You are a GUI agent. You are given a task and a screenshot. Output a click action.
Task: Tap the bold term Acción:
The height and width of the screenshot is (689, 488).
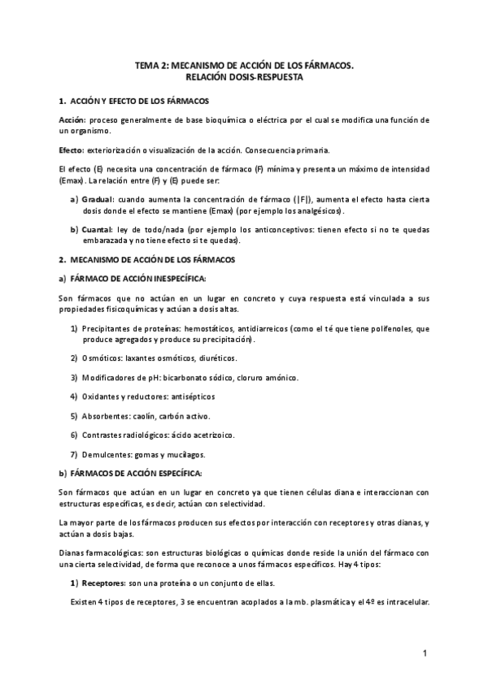pyautogui.click(x=73, y=119)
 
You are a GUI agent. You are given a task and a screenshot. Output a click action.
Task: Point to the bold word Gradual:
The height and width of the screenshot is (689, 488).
pyautogui.click(x=100, y=199)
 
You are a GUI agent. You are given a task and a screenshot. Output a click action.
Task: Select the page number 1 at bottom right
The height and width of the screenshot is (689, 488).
pyautogui.click(x=425, y=653)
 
